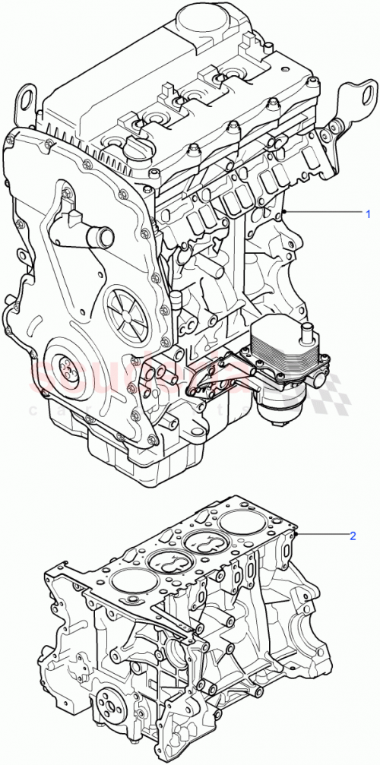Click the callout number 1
tap(369, 211)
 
